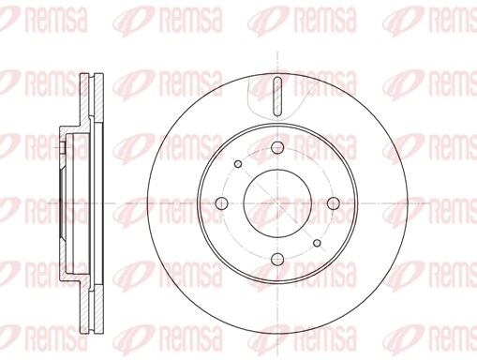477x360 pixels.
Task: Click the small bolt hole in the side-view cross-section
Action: [x=63, y=145]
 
